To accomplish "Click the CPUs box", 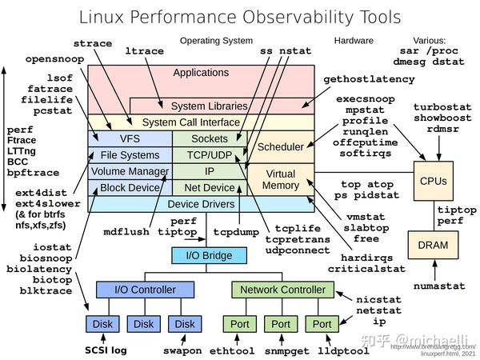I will (433, 181).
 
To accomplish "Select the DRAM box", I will (433, 245).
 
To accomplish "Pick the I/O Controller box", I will (134, 289).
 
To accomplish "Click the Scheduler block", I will (280, 146).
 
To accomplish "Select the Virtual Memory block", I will (280, 179).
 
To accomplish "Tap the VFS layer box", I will (130, 138).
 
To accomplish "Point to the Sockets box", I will (210, 138).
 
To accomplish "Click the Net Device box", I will (210, 188).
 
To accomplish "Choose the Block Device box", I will (130, 188).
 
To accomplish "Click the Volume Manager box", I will (130, 171).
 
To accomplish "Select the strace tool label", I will (93, 43).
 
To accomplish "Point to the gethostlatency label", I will (369, 79).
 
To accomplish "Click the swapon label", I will (184, 350).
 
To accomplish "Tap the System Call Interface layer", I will (191, 122).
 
